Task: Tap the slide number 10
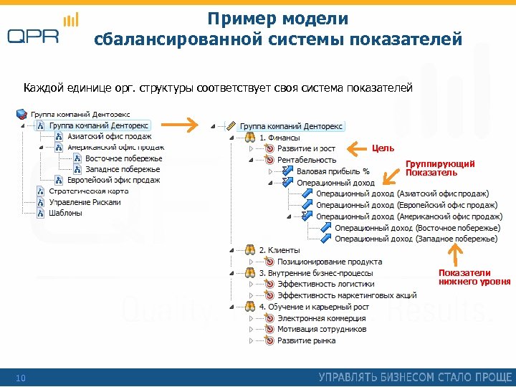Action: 20,378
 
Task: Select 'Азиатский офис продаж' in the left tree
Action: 109,136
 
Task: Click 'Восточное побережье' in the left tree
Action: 123,158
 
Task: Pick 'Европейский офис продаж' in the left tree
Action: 113,180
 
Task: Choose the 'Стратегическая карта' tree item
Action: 88,191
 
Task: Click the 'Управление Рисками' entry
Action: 85,202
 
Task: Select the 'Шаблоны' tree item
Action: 65,213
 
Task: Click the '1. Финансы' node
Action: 279,137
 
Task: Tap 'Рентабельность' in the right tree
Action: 306,160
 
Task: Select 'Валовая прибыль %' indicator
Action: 333,171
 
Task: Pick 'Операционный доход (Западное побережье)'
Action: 416,239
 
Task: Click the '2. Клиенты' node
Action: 279,250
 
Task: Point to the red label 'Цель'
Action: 383,148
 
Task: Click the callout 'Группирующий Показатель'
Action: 430,168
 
